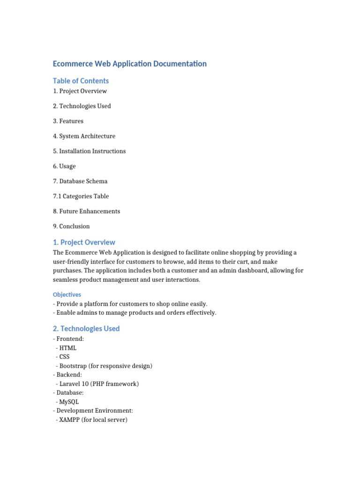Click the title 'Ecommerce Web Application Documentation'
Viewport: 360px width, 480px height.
[x=129, y=64]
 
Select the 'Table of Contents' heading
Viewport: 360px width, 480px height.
[x=81, y=81]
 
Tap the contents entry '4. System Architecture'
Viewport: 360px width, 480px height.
[x=84, y=136]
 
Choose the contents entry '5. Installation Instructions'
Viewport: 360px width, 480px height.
[x=89, y=151]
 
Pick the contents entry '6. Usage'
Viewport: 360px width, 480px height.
[x=64, y=166]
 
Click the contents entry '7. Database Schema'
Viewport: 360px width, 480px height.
[x=80, y=181]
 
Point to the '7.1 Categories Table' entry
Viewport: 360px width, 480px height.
[x=81, y=196]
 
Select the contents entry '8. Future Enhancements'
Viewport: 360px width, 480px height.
[x=86, y=211]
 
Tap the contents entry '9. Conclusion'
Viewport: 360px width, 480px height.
[x=71, y=226]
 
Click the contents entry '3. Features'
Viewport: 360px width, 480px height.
[x=68, y=121]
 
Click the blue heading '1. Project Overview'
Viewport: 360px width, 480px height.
[x=84, y=242]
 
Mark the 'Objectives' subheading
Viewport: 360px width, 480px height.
[x=67, y=294]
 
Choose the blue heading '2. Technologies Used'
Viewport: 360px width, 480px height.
[x=86, y=329]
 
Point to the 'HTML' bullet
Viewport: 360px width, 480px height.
[x=68, y=348]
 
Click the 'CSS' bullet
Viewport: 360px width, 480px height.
[x=65, y=357]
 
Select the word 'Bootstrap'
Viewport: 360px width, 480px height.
[x=73, y=366]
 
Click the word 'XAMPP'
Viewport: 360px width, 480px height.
[x=69, y=420]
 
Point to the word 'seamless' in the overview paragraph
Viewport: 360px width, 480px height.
[x=66, y=280]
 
